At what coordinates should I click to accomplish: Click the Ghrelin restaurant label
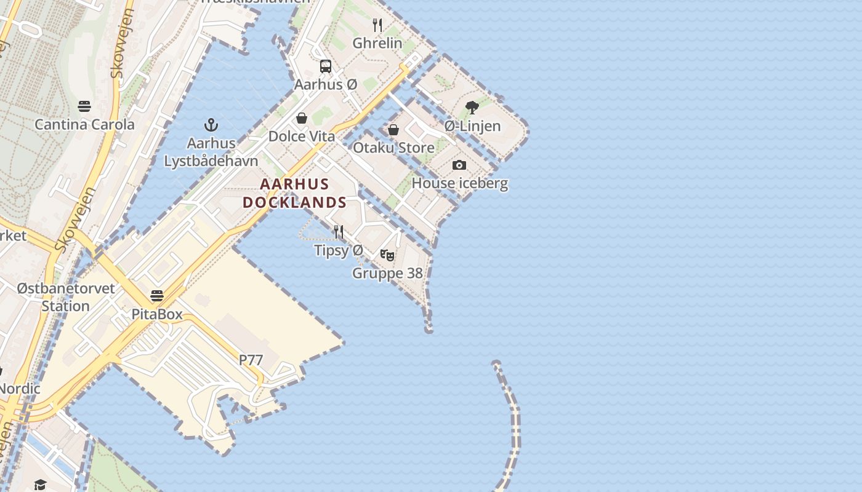pos(377,43)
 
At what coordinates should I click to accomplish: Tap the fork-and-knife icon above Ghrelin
pos(377,25)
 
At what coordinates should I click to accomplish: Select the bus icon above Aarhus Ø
pos(326,66)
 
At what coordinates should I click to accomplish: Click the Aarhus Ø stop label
pos(326,84)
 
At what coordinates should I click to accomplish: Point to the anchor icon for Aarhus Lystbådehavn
pos(211,125)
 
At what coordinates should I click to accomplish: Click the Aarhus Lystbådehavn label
pos(211,152)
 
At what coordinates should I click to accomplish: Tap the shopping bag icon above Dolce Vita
pos(302,118)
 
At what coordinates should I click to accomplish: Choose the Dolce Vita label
pos(302,136)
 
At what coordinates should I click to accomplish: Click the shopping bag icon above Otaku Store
pos(393,130)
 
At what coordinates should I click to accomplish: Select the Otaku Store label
pos(393,148)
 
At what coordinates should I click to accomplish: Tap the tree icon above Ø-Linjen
pos(472,108)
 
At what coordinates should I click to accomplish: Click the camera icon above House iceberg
pos(459,165)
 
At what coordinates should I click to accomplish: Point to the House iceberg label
pos(459,183)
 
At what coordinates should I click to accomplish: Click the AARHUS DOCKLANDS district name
pos(295,193)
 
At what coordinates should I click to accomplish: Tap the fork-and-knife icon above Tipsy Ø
pos(339,232)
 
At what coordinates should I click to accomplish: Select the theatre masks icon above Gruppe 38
pos(387,255)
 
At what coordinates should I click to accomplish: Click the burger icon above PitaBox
pos(157,296)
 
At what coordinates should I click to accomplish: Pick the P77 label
pos(251,360)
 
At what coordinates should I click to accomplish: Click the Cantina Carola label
pos(84,124)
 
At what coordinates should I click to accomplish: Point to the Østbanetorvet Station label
pos(66,297)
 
